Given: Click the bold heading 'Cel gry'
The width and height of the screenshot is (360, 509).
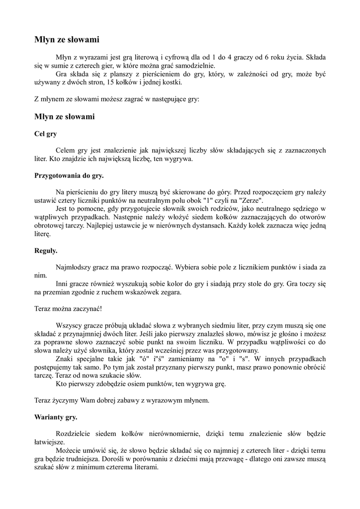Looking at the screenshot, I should coord(45,134).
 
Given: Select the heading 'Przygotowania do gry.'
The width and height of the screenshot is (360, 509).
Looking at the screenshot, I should coord(69,175).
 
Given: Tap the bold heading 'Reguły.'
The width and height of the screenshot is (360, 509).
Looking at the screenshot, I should coord(46,251).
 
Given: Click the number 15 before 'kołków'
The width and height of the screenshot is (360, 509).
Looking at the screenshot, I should coord(111,83).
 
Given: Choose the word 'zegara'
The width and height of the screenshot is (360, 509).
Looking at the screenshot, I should coord(170,292).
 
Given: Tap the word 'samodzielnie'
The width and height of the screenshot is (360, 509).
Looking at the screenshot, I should coord(195,66).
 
